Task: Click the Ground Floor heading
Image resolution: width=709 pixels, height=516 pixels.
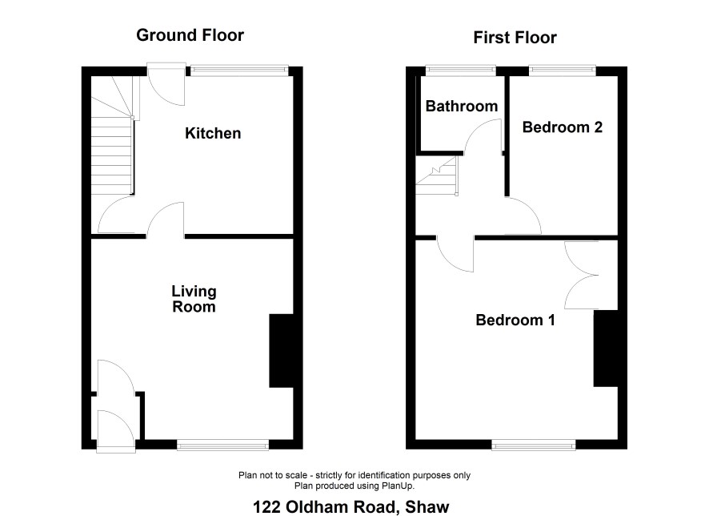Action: [190, 35]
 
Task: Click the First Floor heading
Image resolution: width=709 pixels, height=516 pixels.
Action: [515, 38]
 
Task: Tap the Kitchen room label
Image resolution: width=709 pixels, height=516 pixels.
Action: [213, 133]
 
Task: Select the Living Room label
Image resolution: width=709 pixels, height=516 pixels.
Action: [194, 299]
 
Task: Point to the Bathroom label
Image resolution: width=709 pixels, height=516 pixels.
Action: [462, 106]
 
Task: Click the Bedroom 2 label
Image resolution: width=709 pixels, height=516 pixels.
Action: [563, 127]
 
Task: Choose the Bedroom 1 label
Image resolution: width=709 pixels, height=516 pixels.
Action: [515, 320]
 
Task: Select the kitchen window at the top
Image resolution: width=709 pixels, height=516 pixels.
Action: [239, 70]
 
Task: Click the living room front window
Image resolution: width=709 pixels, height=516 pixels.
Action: [223, 445]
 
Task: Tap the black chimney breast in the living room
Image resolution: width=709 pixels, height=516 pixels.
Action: [281, 351]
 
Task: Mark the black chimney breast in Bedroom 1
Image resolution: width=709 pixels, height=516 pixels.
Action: [606, 349]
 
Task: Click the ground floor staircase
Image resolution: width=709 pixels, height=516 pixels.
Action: [113, 135]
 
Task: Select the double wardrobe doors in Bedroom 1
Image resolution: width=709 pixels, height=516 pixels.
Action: [582, 275]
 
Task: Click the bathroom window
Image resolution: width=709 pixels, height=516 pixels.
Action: [461, 70]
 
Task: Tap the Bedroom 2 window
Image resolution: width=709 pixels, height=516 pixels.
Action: [562, 70]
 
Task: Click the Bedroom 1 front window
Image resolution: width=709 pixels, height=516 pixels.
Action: [534, 445]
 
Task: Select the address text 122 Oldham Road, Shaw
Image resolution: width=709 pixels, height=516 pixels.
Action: [350, 507]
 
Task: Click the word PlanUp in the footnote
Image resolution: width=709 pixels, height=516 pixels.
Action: [399, 486]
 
